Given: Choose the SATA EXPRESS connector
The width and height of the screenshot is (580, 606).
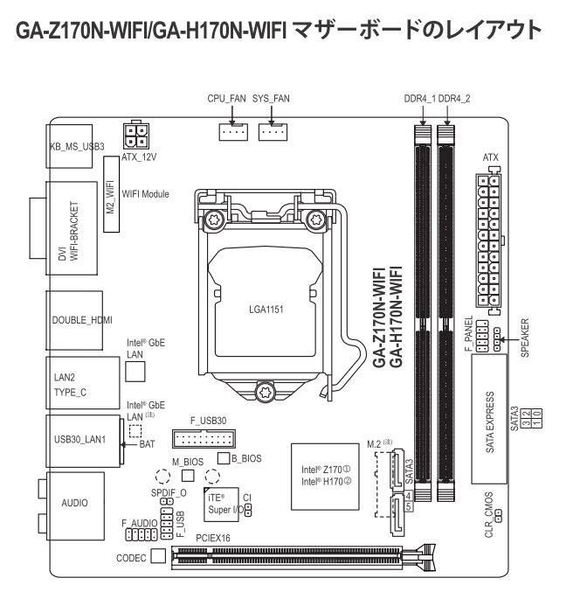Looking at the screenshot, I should (491, 422).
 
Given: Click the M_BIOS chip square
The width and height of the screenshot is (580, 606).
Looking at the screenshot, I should (187, 476).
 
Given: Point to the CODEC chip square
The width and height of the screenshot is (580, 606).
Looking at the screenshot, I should (158, 556).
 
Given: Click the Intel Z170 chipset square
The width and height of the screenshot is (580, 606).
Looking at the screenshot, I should (326, 477).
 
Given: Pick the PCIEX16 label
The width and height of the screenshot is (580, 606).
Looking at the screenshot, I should (214, 540).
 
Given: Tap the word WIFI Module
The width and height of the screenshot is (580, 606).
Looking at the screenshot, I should (146, 194).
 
